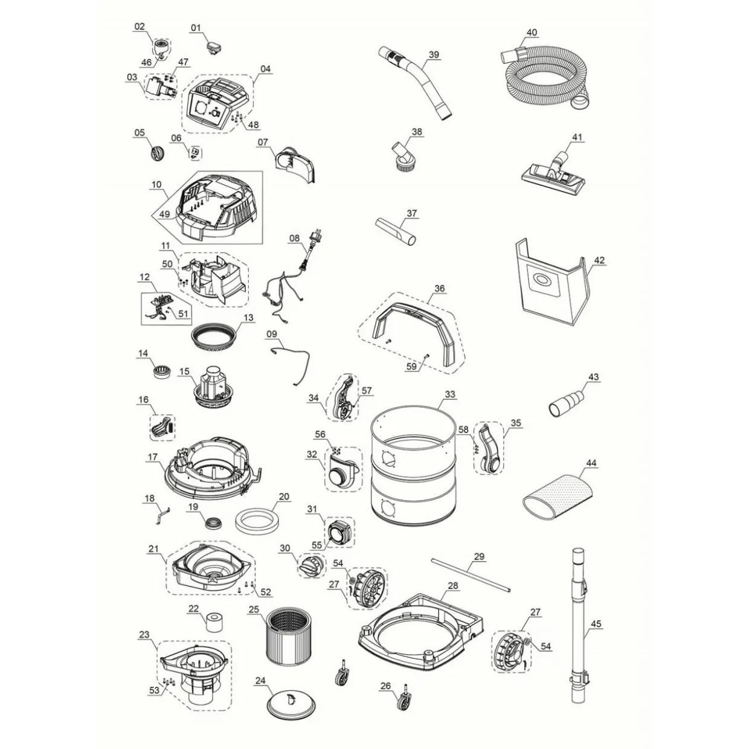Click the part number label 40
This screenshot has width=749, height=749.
coord(532,32)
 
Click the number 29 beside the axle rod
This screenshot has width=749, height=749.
coord(479,556)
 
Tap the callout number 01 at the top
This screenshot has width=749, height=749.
coord(196,28)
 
